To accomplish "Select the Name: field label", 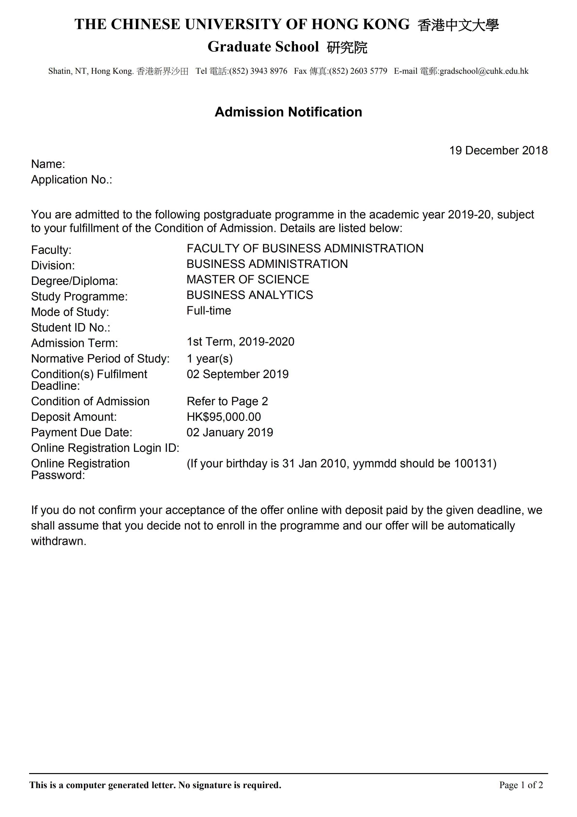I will pyautogui.click(x=48, y=164).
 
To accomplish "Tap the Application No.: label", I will pyautogui.click(x=72, y=180).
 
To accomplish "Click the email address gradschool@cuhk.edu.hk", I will pyautogui.click(x=484, y=71).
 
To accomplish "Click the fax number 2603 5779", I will pyautogui.click(x=369, y=71).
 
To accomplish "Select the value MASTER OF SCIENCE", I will pyautogui.click(x=248, y=280).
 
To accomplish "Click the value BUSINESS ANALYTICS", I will pyautogui.click(x=250, y=295).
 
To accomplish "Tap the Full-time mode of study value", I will pyautogui.click(x=209, y=311).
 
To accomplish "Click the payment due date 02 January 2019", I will pyautogui.click(x=230, y=432).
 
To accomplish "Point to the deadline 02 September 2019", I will pyautogui.click(x=238, y=374).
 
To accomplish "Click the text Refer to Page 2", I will pyautogui.click(x=227, y=401).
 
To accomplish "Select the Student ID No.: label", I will pyautogui.click(x=70, y=328).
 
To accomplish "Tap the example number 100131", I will pyautogui.click(x=473, y=464).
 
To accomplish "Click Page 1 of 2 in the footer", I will pyautogui.click(x=521, y=785).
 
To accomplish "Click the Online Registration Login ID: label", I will pyautogui.click(x=105, y=448).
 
